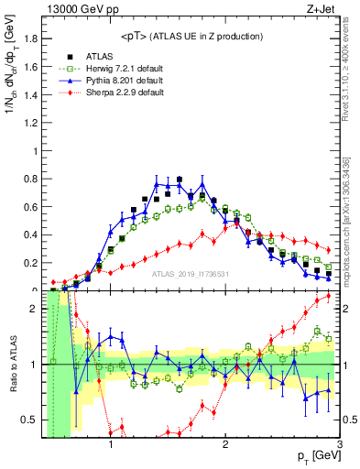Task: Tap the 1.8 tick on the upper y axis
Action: coord(34,38)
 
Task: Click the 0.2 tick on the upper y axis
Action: coord(34,264)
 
